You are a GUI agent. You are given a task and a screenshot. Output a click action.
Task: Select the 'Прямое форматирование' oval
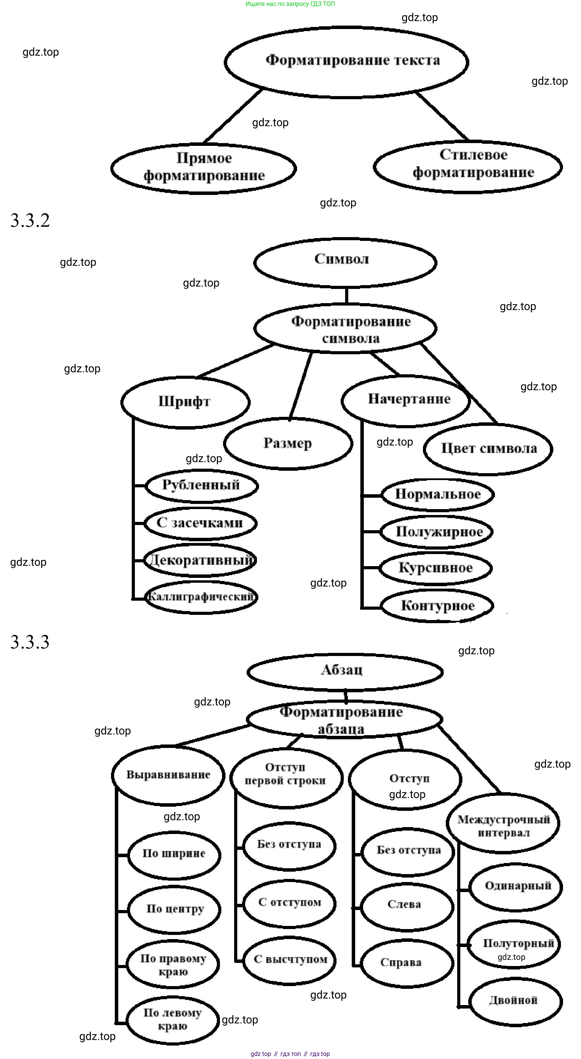click(204, 168)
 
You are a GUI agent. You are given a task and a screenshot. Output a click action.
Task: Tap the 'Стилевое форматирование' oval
click(468, 165)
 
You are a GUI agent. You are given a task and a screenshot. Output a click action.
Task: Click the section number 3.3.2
click(30, 221)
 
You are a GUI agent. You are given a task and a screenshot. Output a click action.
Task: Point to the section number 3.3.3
click(30, 642)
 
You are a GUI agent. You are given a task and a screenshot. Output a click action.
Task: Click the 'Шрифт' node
click(185, 402)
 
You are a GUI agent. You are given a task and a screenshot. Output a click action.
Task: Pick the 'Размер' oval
click(288, 443)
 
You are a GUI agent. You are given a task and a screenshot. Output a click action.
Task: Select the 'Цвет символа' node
click(488, 449)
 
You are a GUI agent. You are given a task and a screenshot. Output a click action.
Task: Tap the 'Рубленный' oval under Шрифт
click(202, 486)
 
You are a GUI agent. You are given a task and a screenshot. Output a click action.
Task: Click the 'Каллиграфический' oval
click(201, 597)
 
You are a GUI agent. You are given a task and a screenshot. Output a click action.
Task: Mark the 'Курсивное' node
click(436, 568)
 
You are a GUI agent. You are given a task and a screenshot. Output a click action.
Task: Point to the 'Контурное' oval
click(437, 606)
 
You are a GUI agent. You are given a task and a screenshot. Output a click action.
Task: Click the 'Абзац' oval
click(345, 671)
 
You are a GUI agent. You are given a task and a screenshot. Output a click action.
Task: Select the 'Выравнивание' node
click(168, 775)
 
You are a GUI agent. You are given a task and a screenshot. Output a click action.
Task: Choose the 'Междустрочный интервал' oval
click(503, 826)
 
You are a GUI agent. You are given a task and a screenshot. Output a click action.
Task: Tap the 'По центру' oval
click(174, 909)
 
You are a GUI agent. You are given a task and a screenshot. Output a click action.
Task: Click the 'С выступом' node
click(290, 959)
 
